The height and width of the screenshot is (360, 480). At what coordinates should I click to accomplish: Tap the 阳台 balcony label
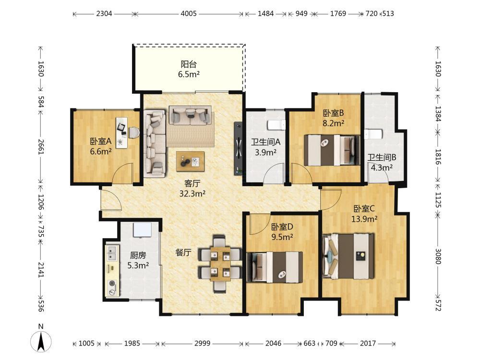[x=189, y=64]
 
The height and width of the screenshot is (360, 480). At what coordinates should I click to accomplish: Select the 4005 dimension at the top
[x=189, y=13]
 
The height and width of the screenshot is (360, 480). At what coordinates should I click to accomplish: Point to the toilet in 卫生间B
[x=373, y=134]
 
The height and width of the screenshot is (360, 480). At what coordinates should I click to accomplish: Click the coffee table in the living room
[x=190, y=161]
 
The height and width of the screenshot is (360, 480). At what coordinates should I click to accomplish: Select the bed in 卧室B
[x=332, y=150]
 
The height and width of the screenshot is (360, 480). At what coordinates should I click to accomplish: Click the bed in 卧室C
[x=348, y=256]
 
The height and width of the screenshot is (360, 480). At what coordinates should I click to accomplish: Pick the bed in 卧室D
[x=275, y=267]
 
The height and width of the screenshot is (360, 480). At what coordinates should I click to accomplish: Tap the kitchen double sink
[x=112, y=253]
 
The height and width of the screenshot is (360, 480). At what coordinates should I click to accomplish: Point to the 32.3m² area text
[x=192, y=193]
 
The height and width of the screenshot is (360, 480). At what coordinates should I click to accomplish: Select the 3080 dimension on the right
[x=438, y=256]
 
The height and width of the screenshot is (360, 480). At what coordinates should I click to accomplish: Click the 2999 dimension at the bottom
[x=203, y=344]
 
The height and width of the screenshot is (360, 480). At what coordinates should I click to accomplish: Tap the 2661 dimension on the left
[x=41, y=146]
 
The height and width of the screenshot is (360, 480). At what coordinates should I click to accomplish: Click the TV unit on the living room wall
[x=238, y=149]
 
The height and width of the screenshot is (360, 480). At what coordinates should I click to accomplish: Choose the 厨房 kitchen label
[x=138, y=255]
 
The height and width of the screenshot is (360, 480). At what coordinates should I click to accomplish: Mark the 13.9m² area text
[x=364, y=219]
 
